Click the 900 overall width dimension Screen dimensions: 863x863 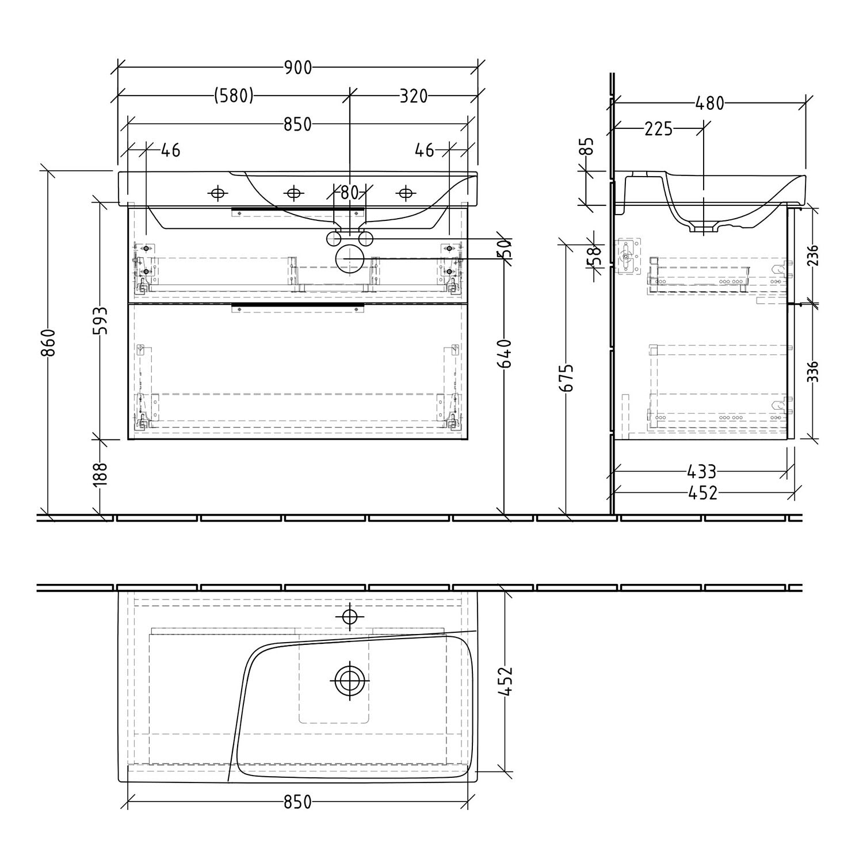coord(298,68)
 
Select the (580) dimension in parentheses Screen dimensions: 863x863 coord(234,96)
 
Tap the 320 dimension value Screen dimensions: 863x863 coord(414,96)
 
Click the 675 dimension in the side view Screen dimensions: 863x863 coord(567,377)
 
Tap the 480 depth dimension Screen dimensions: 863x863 coord(709,104)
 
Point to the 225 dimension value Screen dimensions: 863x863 coord(658,129)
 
